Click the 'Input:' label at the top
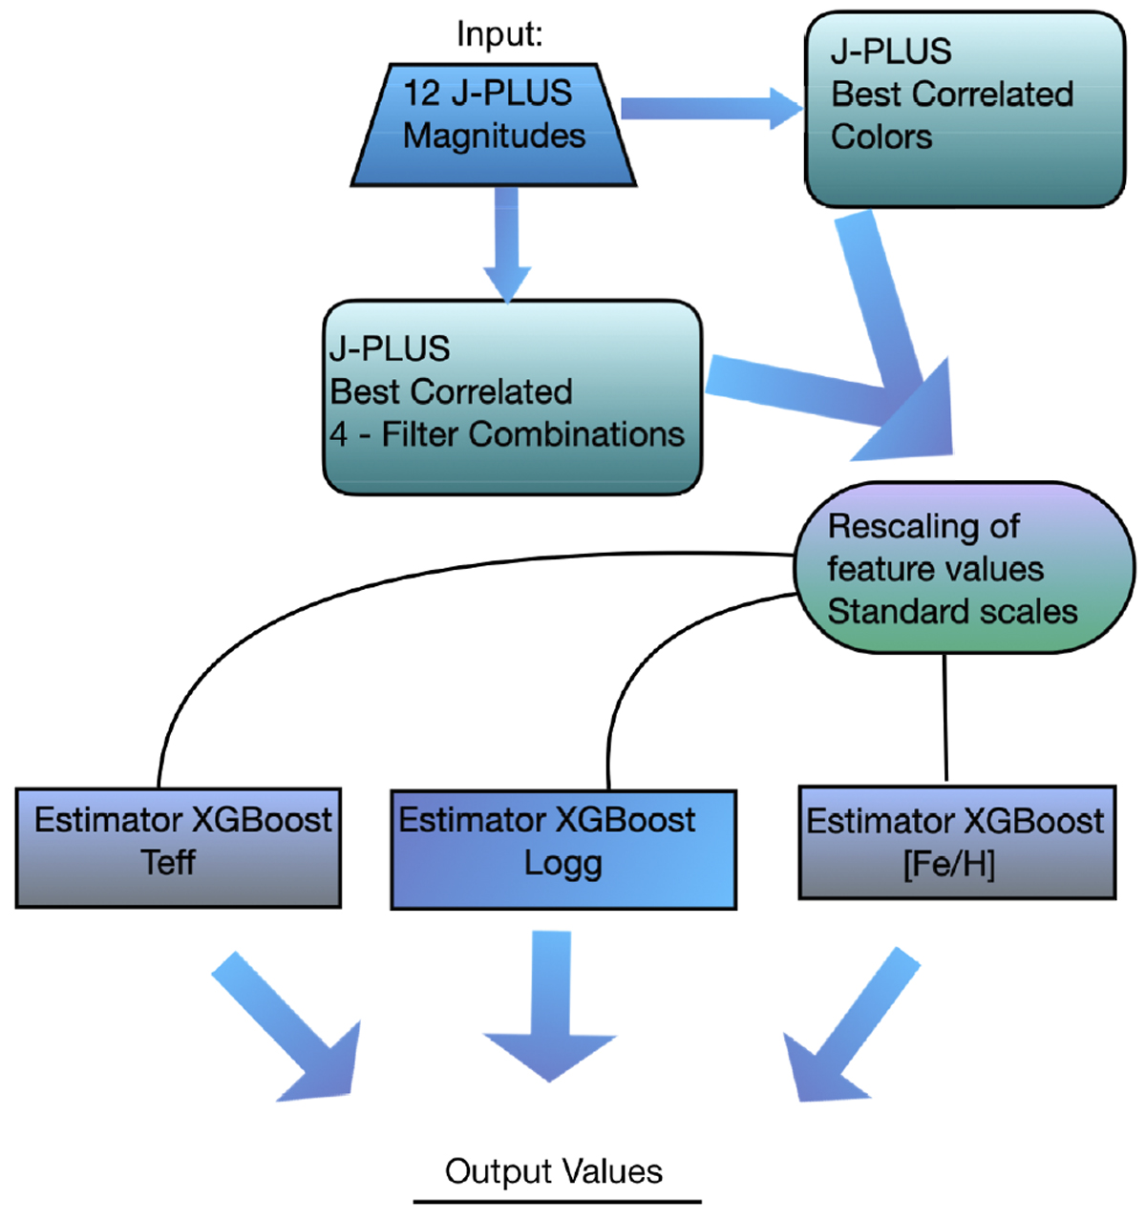[499, 34]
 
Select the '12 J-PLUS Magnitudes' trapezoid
[494, 124]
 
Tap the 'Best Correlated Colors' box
[965, 110]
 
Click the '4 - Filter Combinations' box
[513, 397]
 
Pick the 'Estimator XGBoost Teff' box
[179, 847]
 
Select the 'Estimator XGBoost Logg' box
[563, 850]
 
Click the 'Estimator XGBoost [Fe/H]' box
[957, 843]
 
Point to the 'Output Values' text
[554, 1171]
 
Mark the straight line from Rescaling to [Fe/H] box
[945, 716]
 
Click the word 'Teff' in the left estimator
[168, 863]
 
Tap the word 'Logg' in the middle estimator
[563, 864]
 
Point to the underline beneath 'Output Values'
[557, 1202]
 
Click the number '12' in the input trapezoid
[421, 94]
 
